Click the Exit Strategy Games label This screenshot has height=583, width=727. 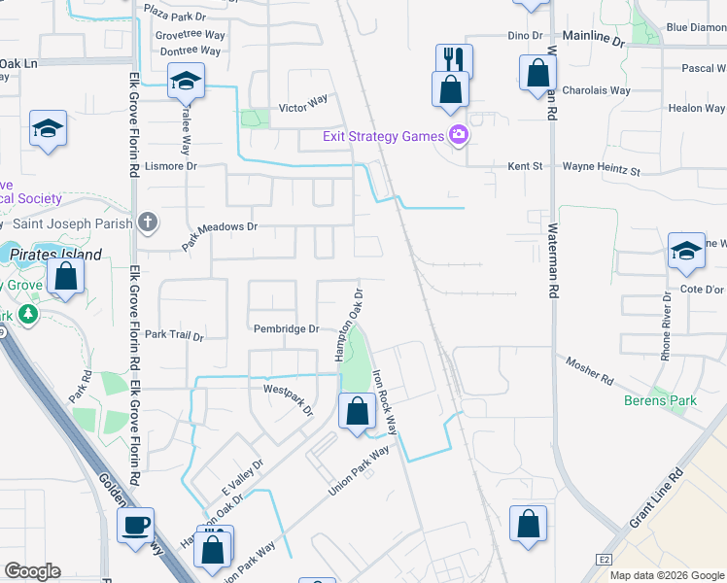[x=383, y=136]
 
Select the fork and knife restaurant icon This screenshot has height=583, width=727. [x=454, y=59]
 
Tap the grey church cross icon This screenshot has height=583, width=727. [x=147, y=222]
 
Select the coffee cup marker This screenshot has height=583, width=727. [x=136, y=525]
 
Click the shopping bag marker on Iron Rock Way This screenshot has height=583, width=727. [x=358, y=411]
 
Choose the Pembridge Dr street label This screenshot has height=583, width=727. [x=287, y=329]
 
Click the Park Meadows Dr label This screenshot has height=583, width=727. [x=220, y=236]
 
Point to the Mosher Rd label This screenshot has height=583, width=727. [x=590, y=370]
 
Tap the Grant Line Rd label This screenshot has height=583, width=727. [x=656, y=499]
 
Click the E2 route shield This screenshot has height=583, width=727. [x=605, y=560]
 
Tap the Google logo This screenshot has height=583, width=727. [x=32, y=571]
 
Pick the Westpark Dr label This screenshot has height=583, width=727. [x=289, y=397]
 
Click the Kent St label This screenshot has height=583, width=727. [x=525, y=167]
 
